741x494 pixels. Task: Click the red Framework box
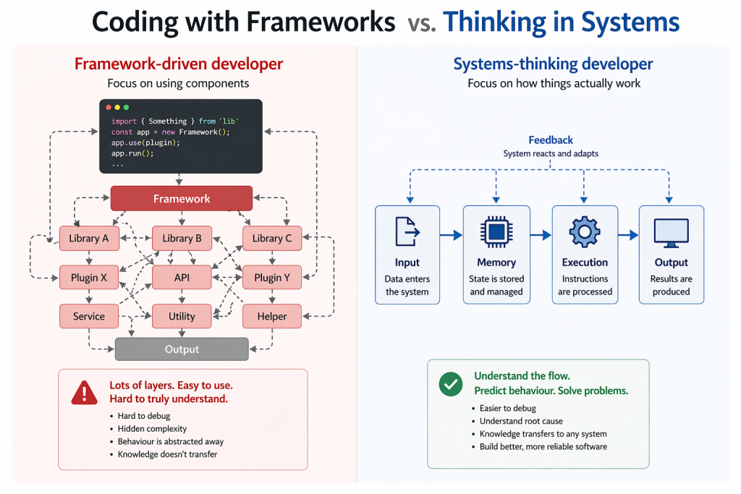click(x=181, y=198)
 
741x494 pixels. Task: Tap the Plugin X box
click(x=89, y=277)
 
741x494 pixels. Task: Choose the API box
click(x=182, y=277)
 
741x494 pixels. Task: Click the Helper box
click(x=272, y=316)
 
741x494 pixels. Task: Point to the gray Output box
click(x=182, y=349)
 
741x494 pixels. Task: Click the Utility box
click(x=182, y=316)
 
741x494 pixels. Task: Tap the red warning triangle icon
click(x=85, y=393)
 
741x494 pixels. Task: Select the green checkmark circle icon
click(x=451, y=384)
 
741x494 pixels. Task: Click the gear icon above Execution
click(x=585, y=233)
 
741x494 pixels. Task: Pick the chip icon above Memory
click(x=496, y=233)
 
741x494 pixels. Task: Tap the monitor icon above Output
click(x=671, y=233)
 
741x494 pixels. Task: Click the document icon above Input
click(x=407, y=233)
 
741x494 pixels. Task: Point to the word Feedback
click(x=551, y=140)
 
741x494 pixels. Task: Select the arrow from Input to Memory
click(x=451, y=235)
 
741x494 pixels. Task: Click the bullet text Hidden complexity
click(x=152, y=429)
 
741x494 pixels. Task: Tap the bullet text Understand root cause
click(x=521, y=421)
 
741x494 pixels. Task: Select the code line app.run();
click(x=132, y=153)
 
